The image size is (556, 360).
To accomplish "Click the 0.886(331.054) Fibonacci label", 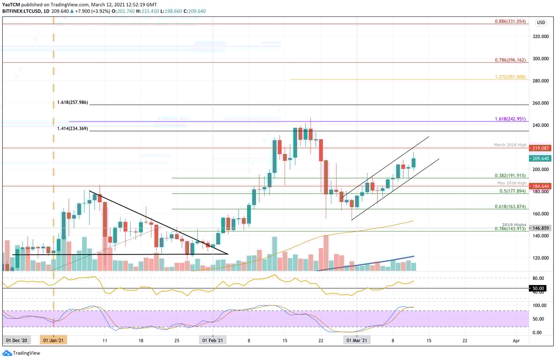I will pyautogui.click(x=511, y=22).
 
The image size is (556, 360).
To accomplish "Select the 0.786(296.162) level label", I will pyautogui.click(x=511, y=60).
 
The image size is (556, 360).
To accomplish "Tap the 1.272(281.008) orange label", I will pyautogui.click(x=511, y=77).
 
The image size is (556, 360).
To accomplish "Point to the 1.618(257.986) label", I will pyautogui.click(x=73, y=102).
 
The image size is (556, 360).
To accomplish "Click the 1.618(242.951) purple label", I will pyautogui.click(x=511, y=119).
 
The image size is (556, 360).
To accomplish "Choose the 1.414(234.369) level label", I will pyautogui.click(x=73, y=128).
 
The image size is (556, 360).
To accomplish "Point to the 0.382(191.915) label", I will pyautogui.click(x=511, y=175).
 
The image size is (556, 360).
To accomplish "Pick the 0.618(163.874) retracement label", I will pyautogui.click(x=511, y=206).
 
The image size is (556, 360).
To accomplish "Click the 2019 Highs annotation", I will pyautogui.click(x=515, y=225).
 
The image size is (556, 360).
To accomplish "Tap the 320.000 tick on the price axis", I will pyautogui.click(x=541, y=37).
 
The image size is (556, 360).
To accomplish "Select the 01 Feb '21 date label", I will pyautogui.click(x=212, y=339).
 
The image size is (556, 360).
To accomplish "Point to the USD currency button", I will pyautogui.click(x=541, y=22).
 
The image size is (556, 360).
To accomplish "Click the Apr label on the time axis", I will pyautogui.click(x=516, y=339).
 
